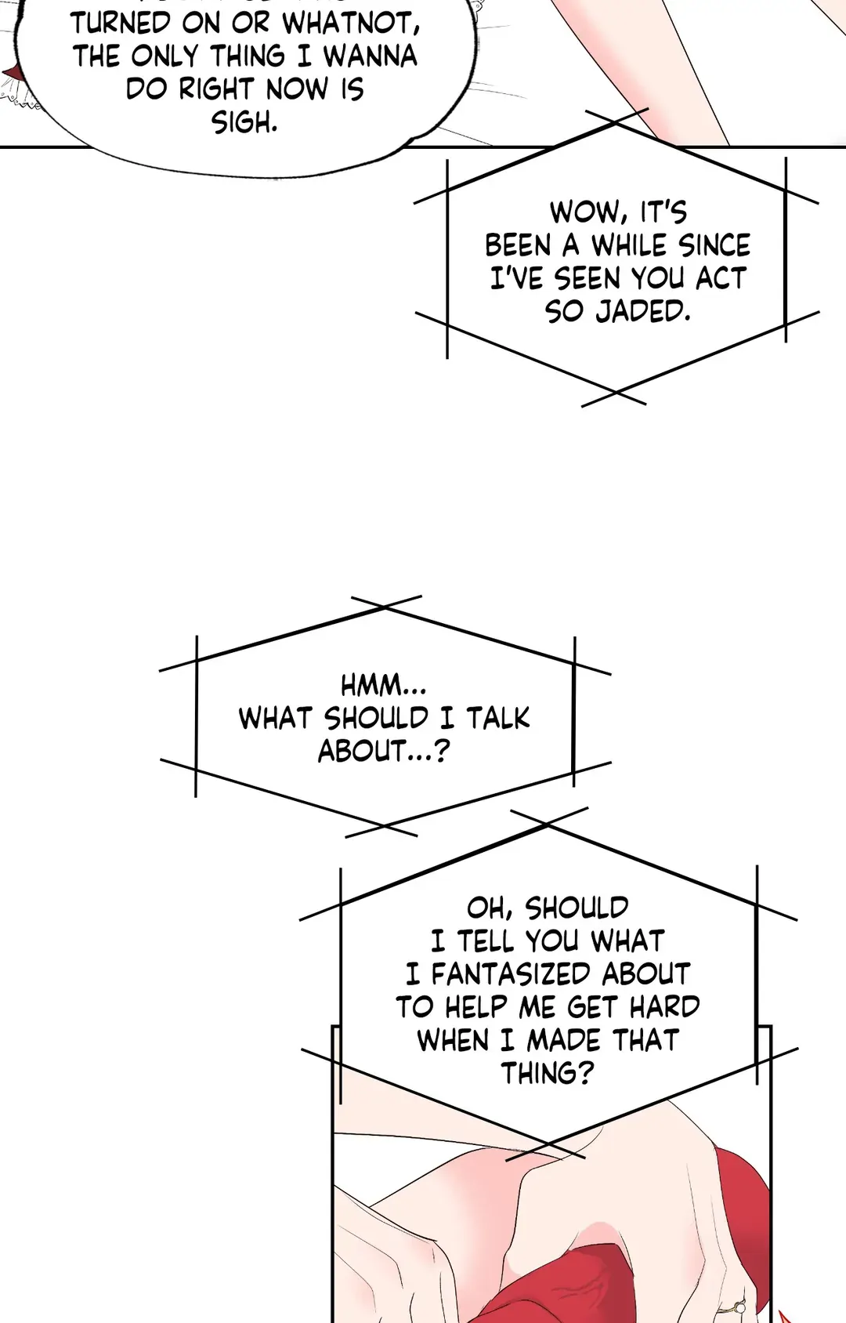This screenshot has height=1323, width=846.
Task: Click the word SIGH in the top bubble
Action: click(244, 122)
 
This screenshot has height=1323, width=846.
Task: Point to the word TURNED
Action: click(121, 24)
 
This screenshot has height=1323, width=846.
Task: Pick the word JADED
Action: click(643, 312)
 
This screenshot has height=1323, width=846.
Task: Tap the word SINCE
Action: click(714, 246)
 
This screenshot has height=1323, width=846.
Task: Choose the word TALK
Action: click(498, 719)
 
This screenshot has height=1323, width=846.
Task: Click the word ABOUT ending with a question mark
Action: click(383, 752)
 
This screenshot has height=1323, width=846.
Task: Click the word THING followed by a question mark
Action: click(548, 1073)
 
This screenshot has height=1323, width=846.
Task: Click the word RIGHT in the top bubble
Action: click(217, 89)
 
